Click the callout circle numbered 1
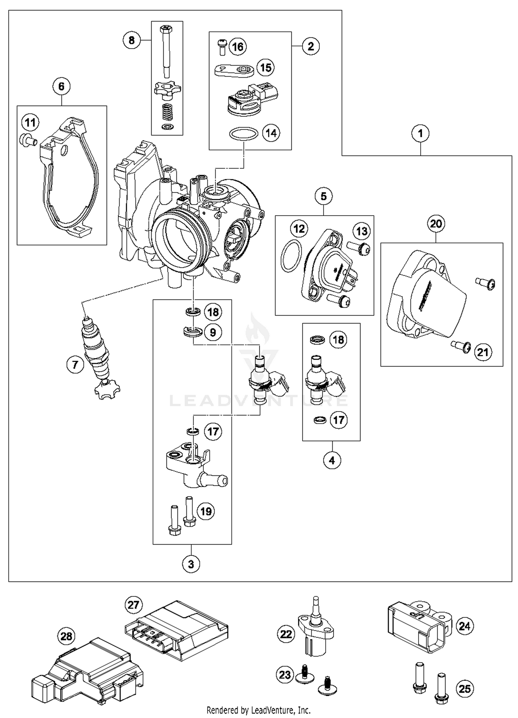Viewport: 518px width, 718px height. click(420, 133)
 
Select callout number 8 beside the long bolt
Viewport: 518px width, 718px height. click(132, 40)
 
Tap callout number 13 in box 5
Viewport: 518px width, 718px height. click(362, 231)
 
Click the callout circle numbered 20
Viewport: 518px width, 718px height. click(436, 224)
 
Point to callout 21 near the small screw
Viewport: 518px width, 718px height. click(483, 352)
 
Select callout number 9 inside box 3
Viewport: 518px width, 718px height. click(213, 332)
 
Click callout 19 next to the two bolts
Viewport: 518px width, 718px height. click(206, 511)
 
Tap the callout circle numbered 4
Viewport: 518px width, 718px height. click(332, 460)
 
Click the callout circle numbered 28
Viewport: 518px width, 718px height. click(66, 636)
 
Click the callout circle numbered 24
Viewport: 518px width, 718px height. click(464, 626)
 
